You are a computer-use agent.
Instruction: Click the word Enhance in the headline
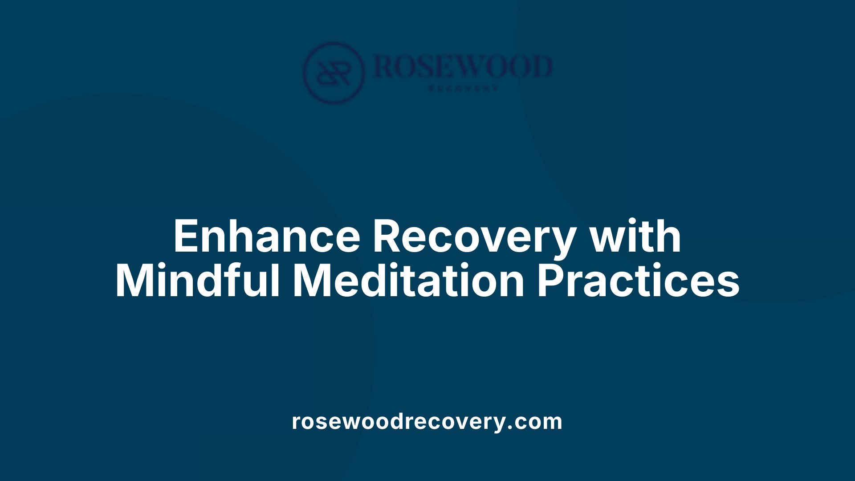pyautogui.click(x=266, y=236)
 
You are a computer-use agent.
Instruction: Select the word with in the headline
pyautogui.click(x=635, y=236)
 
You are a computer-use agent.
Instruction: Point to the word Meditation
pyautogui.click(x=408, y=281)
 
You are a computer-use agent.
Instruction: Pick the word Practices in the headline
pyautogui.click(x=638, y=281)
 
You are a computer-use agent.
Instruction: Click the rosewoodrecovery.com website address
pyautogui.click(x=427, y=421)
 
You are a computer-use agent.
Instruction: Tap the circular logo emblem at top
pyautogui.click(x=334, y=73)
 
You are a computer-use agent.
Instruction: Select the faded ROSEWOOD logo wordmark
pyautogui.click(x=463, y=67)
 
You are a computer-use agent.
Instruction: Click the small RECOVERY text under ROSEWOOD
pyautogui.click(x=463, y=89)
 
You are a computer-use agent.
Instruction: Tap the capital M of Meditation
pyautogui.click(x=312, y=281)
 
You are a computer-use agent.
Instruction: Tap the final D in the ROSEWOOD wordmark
pyautogui.click(x=540, y=67)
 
